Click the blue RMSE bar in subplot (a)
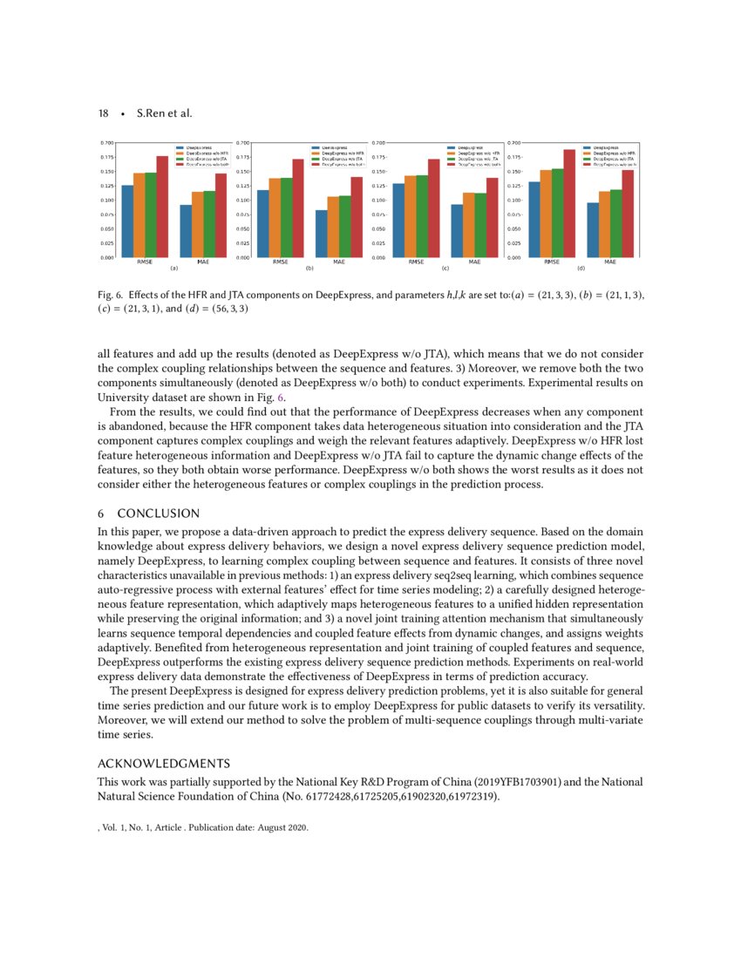(127, 221)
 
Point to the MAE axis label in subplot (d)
(610, 262)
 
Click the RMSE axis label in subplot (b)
(281, 262)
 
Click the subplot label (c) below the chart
(445, 269)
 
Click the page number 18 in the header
(103, 114)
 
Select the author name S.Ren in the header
(153, 114)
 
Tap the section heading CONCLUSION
(159, 513)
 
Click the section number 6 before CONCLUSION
(100, 513)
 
